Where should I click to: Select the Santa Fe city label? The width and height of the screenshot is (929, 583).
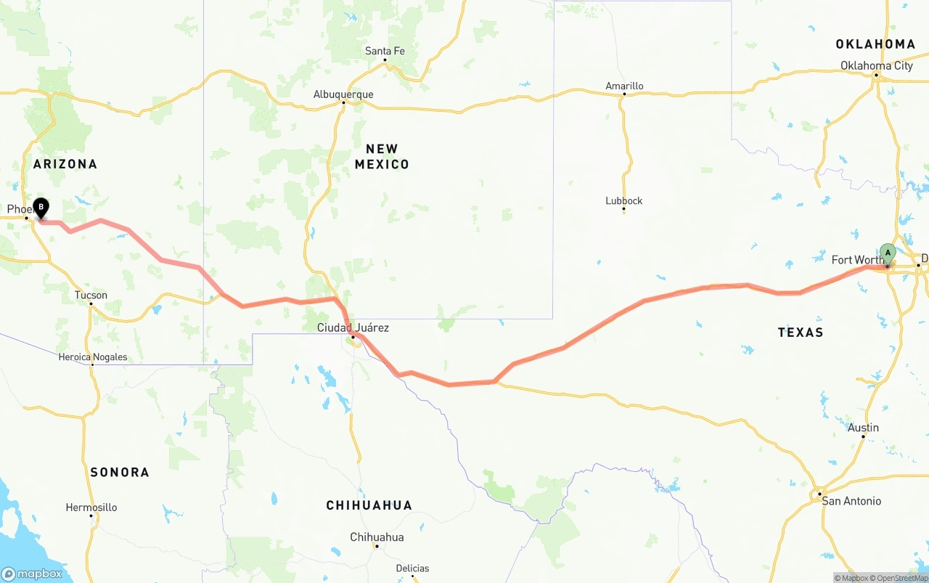tap(385, 51)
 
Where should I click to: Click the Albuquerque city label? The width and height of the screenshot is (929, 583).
tap(343, 94)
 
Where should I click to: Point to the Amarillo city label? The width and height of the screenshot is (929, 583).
tap(624, 86)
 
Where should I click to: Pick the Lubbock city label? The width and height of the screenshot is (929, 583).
tap(624, 200)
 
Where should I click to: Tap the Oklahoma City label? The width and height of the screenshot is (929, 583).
tap(877, 65)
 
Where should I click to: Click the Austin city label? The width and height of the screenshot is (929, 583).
tap(864, 428)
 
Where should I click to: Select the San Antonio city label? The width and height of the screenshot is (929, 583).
tap(851, 501)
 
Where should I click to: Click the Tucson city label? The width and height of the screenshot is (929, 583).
tap(91, 295)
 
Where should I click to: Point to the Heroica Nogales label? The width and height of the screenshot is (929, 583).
tap(93, 356)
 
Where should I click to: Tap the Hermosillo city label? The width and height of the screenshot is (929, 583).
tap(91, 507)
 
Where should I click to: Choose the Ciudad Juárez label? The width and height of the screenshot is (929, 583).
tap(353, 327)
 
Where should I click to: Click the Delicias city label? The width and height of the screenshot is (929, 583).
tap(412, 568)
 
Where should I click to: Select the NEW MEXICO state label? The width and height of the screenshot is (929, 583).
tap(382, 157)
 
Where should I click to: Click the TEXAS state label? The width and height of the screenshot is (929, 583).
tap(801, 332)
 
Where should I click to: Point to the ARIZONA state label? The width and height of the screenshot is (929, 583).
tap(65, 164)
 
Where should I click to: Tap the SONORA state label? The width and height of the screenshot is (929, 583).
tap(120, 472)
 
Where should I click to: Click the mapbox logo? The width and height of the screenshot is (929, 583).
tap(32, 574)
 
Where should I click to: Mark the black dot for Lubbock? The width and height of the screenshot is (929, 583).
tap(624, 210)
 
